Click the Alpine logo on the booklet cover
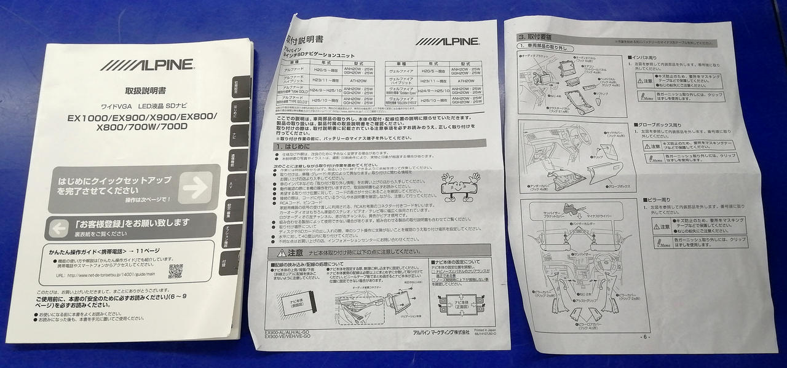(x=148, y=65)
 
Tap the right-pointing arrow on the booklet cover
(x=196, y=187)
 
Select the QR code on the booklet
(x=175, y=271)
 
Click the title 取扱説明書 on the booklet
(x=145, y=91)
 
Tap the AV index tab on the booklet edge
(x=231, y=184)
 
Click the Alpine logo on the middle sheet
(x=448, y=42)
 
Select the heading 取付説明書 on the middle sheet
(x=306, y=40)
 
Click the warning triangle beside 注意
(x=281, y=253)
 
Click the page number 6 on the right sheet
(x=644, y=337)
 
